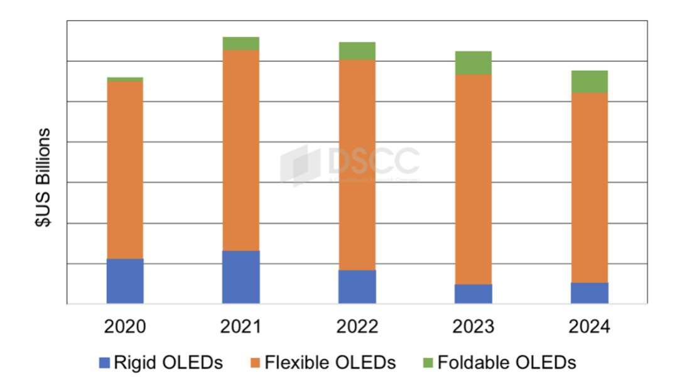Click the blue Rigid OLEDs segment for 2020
pyautogui.click(x=125, y=281)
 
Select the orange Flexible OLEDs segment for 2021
pyautogui.click(x=241, y=150)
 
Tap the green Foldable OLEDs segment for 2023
pyautogui.click(x=473, y=63)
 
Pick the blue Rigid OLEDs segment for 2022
pyautogui.click(x=357, y=287)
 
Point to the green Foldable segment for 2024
pyautogui.click(x=589, y=82)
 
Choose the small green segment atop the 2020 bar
pyautogui.click(x=125, y=79)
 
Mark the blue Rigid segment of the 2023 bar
pyautogui.click(x=473, y=294)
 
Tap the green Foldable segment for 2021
pyautogui.click(x=241, y=43)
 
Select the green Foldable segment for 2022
pyautogui.click(x=357, y=51)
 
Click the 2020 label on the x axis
pyautogui.click(x=125, y=326)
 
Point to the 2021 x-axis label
pyautogui.click(x=241, y=326)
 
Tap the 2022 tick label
pyautogui.click(x=357, y=326)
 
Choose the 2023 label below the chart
pyautogui.click(x=473, y=326)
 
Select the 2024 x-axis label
pyautogui.click(x=589, y=326)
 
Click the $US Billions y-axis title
pyautogui.click(x=44, y=177)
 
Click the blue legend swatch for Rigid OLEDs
pyautogui.click(x=104, y=363)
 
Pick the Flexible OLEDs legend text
pyautogui.click(x=330, y=362)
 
